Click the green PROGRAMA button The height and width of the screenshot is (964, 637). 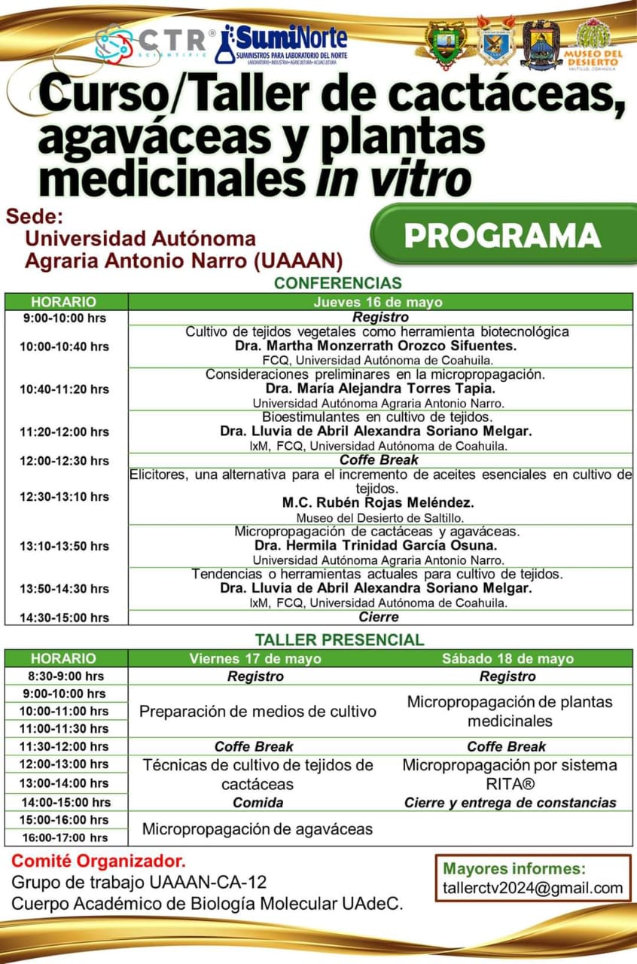pos(502,235)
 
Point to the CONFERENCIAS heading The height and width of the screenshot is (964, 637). pos(338,283)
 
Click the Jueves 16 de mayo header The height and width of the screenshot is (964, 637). pos(378,301)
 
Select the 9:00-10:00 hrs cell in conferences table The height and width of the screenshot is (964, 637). pos(65,318)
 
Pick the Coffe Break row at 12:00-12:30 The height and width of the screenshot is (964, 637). pos(379,459)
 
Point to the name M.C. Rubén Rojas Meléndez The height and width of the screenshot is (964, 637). pos(379,502)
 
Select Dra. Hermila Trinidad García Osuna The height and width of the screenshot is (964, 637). pos(378,545)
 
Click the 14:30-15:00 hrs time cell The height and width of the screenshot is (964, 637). pos(65,618)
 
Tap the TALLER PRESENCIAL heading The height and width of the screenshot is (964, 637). pos(340,639)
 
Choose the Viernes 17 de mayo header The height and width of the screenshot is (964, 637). pos(255,658)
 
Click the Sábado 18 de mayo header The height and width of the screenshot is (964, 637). pos(507,658)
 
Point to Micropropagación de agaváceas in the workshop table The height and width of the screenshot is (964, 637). pos(258,829)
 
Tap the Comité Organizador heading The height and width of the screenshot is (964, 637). pos(99,860)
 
